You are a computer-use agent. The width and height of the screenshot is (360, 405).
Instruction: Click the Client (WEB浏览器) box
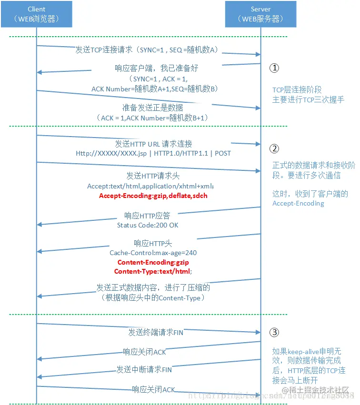37,14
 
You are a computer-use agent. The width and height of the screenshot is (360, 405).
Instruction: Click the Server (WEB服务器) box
260,14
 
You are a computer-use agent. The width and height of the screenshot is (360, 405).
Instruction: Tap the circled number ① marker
274,68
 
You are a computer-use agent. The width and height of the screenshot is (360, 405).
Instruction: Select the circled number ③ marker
274,332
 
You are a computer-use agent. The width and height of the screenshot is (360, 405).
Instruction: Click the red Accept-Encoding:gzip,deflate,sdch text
153,196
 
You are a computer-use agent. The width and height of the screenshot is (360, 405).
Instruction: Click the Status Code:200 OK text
148,225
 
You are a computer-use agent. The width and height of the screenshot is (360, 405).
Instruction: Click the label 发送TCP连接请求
104,50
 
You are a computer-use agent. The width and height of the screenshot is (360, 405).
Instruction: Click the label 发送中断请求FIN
144,369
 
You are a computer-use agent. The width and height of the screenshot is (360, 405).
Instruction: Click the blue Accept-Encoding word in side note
298,203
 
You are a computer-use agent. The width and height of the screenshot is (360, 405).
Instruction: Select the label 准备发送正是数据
152,108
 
